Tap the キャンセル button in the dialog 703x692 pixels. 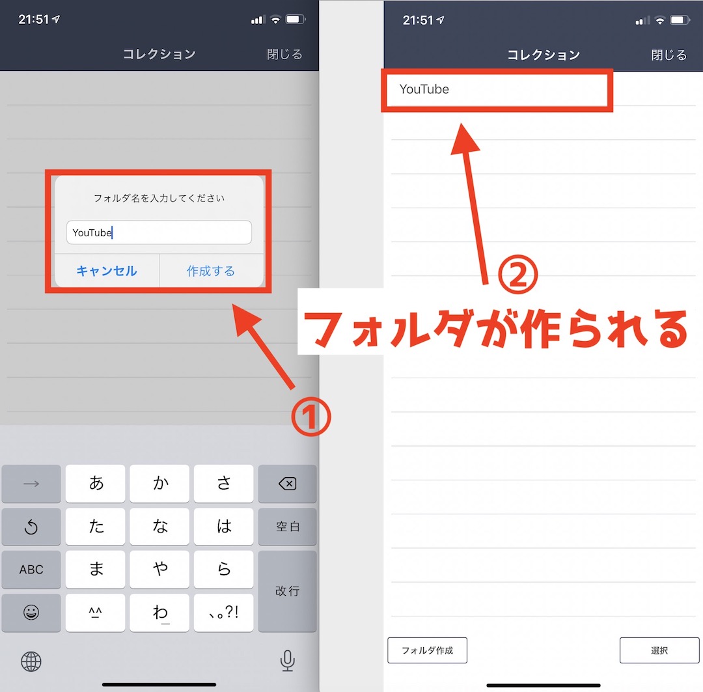point(107,271)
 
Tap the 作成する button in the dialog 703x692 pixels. point(211,271)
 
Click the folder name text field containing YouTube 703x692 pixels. point(159,232)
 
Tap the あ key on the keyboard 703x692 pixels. point(96,484)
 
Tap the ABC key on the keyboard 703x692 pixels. point(31,570)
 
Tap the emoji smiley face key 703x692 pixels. point(31,613)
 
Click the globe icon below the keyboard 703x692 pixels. point(31,661)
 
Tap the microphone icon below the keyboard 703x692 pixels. point(288,661)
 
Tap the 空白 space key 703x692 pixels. point(288,527)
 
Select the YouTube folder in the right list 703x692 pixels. point(497,89)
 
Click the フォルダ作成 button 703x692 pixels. point(427,650)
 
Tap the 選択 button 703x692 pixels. point(659,650)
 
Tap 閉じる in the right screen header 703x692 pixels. point(669,55)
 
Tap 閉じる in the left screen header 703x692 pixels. point(284,54)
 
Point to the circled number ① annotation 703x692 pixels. point(310,417)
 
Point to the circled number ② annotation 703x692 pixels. point(518,275)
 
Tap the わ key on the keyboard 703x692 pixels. point(159,613)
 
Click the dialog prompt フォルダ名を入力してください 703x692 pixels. point(159,199)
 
